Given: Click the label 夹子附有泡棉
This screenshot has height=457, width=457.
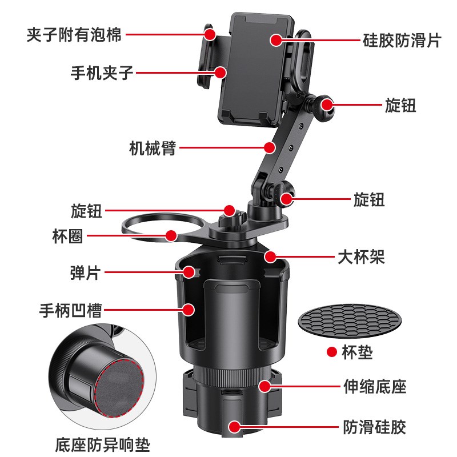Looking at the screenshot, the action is [74, 35].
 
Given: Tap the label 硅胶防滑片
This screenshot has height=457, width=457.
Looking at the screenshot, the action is [402, 40].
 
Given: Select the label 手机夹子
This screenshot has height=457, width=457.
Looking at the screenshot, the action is [102, 73].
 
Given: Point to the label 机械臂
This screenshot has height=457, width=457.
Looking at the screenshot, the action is [153, 148].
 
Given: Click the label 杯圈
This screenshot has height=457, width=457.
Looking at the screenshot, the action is [67, 236].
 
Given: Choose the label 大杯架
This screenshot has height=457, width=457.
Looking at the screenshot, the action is [361, 256].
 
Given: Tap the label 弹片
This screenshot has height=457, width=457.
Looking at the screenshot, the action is [85, 273].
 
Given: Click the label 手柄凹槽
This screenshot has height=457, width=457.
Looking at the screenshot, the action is [71, 310].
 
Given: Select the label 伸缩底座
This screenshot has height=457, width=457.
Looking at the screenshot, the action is [375, 387].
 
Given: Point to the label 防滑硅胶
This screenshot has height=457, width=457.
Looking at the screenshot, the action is [375, 427].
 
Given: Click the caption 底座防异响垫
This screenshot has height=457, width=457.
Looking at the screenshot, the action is [103, 445].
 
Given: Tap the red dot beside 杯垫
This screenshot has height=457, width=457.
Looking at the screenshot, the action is [332, 352].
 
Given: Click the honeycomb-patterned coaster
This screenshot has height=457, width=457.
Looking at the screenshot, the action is [350, 321].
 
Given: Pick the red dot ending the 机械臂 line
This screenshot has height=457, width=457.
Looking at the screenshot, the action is [270, 148].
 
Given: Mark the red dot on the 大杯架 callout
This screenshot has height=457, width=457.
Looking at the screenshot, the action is [270, 256].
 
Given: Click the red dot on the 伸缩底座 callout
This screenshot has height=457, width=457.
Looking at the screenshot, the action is [264, 387].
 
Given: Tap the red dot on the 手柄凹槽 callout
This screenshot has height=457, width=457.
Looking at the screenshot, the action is [189, 310].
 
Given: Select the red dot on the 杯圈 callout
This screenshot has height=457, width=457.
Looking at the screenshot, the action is [171, 236].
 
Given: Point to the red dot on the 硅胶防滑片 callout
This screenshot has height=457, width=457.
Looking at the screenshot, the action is [276, 40].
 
